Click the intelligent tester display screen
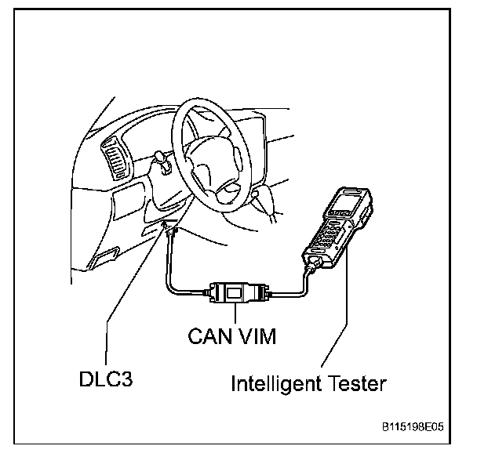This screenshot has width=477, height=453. pos(343,206)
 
